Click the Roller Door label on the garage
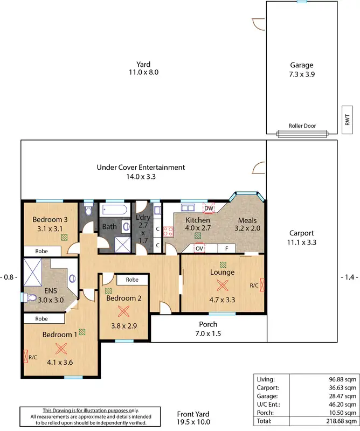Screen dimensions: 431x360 pos(302,126)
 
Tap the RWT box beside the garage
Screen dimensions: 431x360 pos(348,119)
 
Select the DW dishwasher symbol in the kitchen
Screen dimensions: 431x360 pos(209,208)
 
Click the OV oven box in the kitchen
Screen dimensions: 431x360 pos(199,248)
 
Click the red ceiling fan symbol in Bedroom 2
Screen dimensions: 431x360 pos(124,311)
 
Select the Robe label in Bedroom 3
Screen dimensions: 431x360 pos(42,251)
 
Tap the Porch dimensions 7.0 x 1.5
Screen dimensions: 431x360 pos(208,333)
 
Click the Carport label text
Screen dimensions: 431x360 pos(301,233)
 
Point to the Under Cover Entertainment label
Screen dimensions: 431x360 pos(141,168)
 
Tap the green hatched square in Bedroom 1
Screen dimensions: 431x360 pos(82,332)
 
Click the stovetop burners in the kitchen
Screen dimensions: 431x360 pos(168,232)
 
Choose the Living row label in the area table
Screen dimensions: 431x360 pos(266,379)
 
